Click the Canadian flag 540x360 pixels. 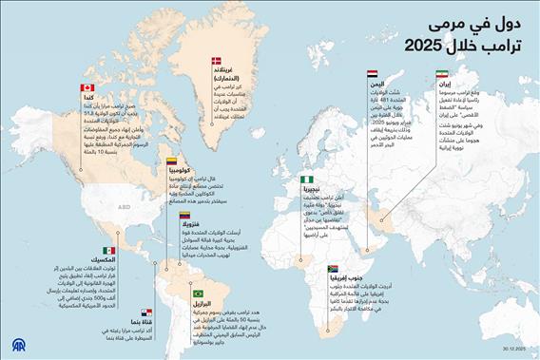[87, 86]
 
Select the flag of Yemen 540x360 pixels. [373, 71]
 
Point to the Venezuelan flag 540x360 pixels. [186, 217]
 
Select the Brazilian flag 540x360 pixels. [199, 293]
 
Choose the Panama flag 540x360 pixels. [147, 312]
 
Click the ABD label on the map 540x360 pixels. [123, 203]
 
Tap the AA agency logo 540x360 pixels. [17, 343]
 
